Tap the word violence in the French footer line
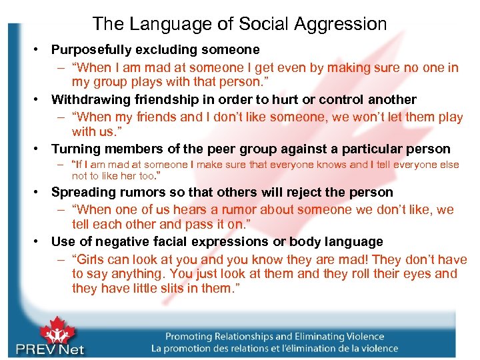375,349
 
